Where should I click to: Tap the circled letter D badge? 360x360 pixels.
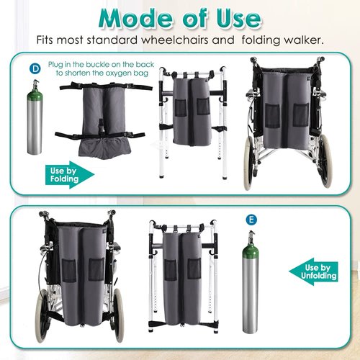[35, 68]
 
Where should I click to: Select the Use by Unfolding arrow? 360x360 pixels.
[312, 271]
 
